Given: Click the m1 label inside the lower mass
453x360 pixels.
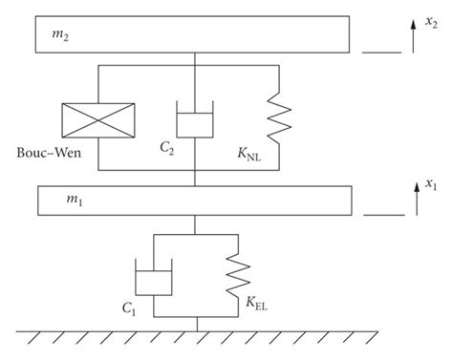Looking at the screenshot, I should tap(49, 201).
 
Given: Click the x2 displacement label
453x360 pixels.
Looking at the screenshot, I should tap(431, 12).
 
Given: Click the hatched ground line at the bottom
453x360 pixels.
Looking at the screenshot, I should tap(195, 338).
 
